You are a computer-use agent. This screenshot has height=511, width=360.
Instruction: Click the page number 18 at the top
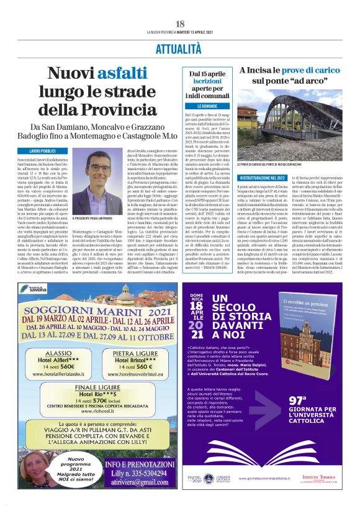click(x=180, y=24)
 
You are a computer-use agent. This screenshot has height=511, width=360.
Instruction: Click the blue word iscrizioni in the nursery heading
click(x=205, y=83)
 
